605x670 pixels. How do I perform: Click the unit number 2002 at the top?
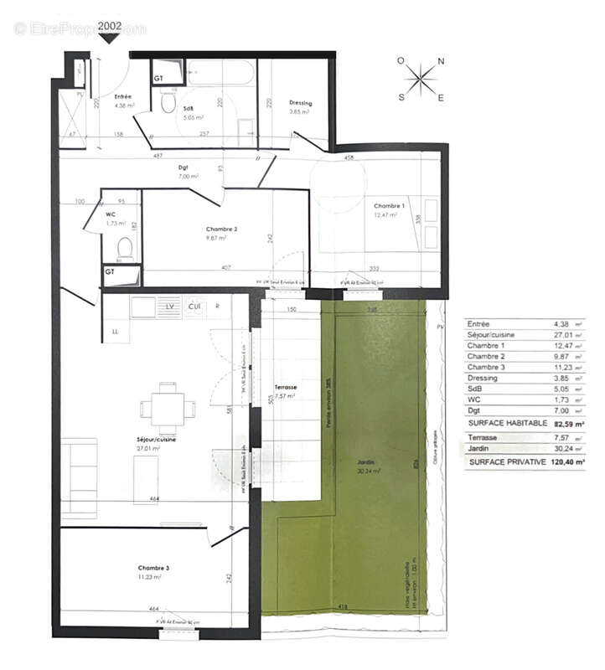(x=110, y=26)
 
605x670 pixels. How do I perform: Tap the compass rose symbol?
(x=421, y=80)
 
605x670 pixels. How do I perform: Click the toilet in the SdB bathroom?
(x=168, y=102)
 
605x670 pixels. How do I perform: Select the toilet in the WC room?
(x=124, y=248)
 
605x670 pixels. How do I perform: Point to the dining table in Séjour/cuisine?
(x=168, y=409)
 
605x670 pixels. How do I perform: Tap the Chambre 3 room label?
(x=155, y=569)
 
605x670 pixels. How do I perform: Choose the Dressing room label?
(x=300, y=103)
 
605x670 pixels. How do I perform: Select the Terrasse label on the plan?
(x=286, y=387)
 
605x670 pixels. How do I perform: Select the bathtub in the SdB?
(x=220, y=73)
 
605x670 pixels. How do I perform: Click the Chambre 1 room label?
(x=389, y=206)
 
